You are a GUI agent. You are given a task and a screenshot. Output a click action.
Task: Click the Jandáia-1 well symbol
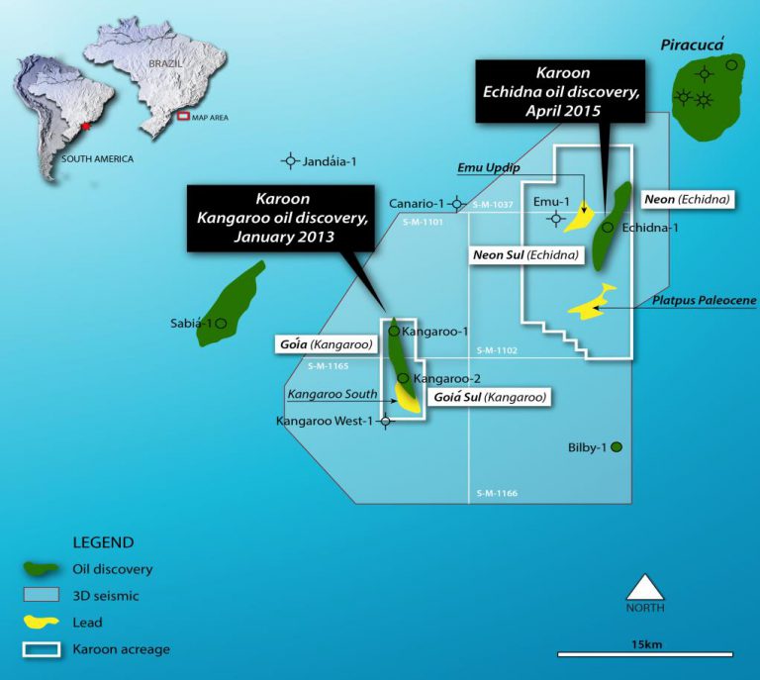(290, 160)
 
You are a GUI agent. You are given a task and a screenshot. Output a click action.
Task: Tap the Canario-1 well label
(417, 204)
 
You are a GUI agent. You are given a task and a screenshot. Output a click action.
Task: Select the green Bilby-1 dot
(617, 447)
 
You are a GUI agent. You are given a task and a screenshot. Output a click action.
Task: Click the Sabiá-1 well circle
(222, 323)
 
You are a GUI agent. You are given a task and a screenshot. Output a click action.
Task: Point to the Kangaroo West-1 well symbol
(386, 422)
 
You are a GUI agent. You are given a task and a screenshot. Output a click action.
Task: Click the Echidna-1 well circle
(608, 228)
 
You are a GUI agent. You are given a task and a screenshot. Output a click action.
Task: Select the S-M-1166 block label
(497, 493)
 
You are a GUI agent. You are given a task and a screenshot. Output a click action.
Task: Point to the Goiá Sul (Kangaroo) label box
(489, 397)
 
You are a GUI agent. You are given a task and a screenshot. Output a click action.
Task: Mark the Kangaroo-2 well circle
(403, 378)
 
